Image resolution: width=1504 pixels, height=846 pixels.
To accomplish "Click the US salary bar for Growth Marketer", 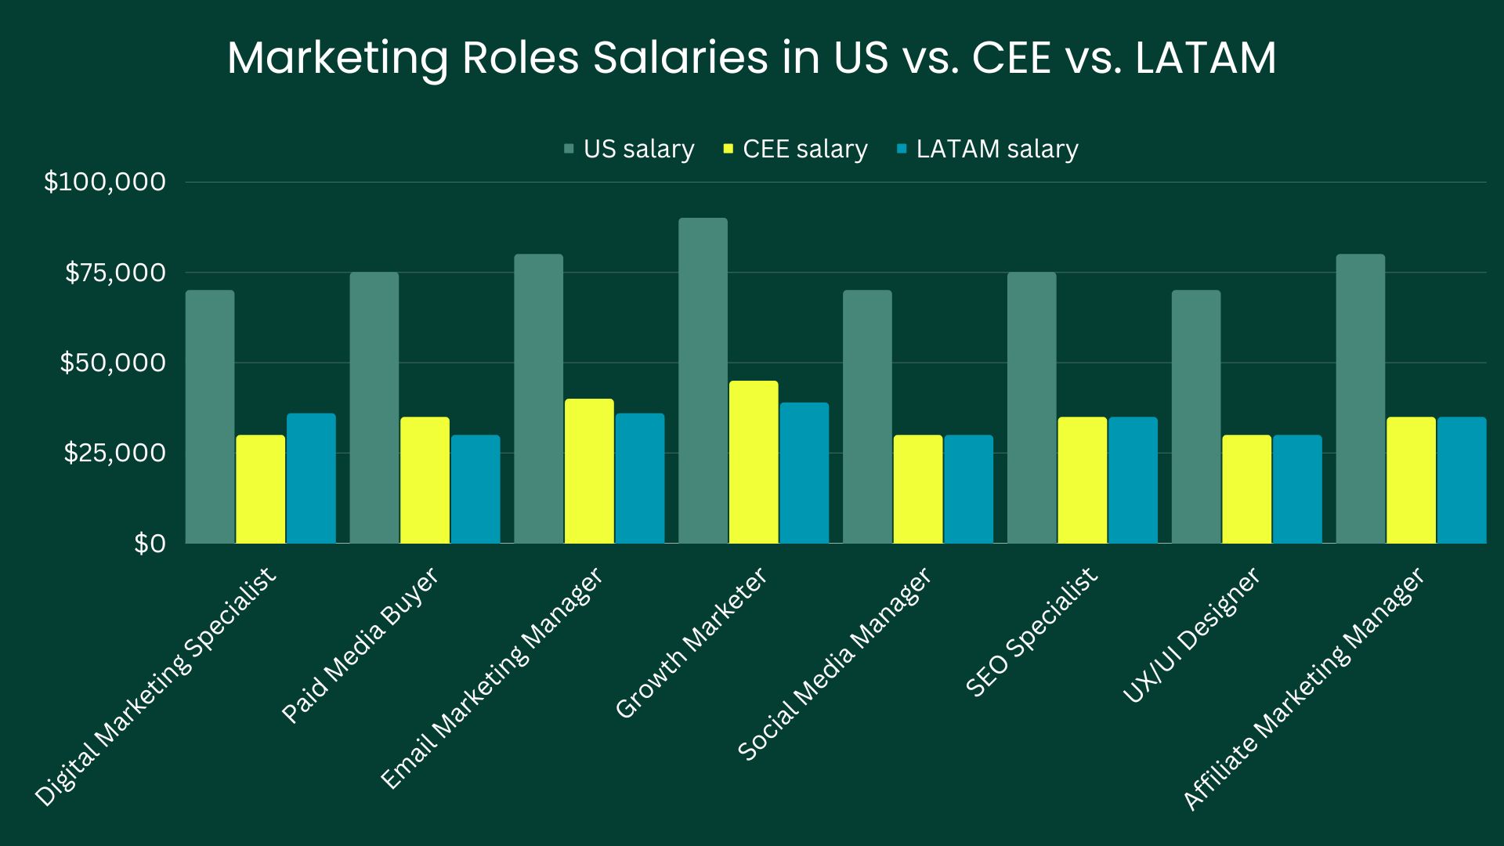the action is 703,381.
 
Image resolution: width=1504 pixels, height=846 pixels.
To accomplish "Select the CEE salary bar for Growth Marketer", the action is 754,462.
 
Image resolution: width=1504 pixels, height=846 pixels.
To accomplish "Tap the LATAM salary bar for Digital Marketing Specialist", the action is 311,479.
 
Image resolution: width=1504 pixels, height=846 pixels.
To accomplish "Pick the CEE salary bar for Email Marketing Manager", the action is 589,471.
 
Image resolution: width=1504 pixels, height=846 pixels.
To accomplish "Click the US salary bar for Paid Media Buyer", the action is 374,408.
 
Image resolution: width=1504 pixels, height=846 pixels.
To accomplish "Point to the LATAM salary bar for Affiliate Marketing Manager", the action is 1462,480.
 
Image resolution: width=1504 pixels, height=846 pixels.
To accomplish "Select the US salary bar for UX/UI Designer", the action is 1196,417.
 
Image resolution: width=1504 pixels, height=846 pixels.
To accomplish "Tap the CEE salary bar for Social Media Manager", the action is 918,489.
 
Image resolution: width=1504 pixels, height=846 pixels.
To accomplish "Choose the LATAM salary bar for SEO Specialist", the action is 1133,480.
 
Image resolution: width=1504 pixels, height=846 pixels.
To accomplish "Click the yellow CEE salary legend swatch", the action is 728,149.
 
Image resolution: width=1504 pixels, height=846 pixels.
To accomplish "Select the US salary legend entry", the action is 629,149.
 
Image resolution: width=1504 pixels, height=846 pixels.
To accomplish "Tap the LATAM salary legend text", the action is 997,149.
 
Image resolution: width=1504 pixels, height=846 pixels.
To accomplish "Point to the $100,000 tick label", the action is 105,182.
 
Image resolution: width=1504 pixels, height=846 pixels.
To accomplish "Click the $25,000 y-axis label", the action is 114,453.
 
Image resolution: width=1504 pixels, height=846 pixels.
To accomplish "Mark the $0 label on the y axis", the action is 150,544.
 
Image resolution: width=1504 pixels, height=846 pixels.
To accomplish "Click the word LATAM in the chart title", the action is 1206,57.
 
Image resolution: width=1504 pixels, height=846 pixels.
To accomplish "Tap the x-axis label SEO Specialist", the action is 1032,632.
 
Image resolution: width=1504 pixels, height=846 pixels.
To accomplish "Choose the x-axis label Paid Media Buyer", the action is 360,645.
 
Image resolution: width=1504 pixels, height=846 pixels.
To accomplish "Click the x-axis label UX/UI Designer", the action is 1192,635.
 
